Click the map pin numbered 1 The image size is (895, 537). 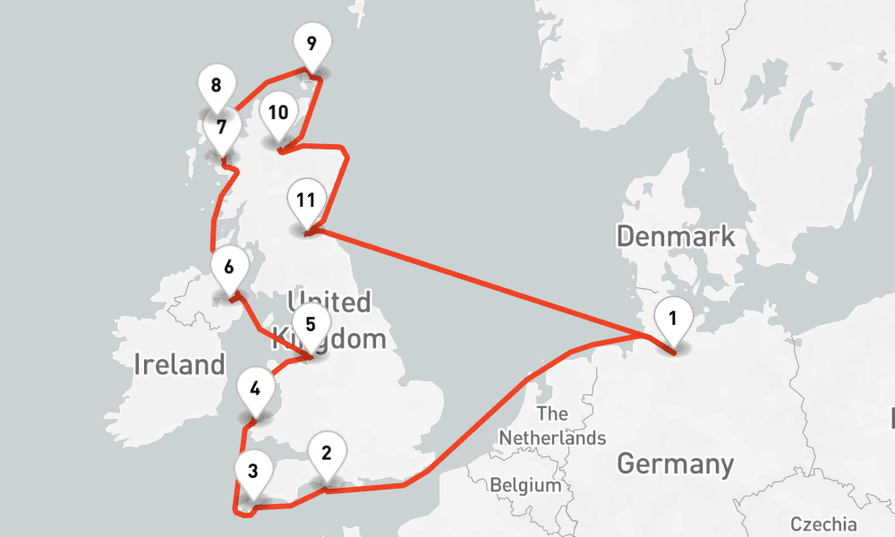673,319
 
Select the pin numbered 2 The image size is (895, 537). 327,453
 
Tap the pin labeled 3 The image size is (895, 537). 253,471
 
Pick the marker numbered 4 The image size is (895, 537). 256,390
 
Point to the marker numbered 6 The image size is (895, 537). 229,267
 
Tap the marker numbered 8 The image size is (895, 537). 216,86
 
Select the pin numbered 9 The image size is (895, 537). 311,44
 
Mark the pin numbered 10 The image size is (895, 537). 277,114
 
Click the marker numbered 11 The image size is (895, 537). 305,200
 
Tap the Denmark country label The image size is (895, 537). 676,237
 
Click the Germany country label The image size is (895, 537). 675,465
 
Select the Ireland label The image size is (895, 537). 179,364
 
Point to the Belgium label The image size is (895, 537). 525,486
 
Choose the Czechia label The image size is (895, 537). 823,524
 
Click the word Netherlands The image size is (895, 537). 552,439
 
